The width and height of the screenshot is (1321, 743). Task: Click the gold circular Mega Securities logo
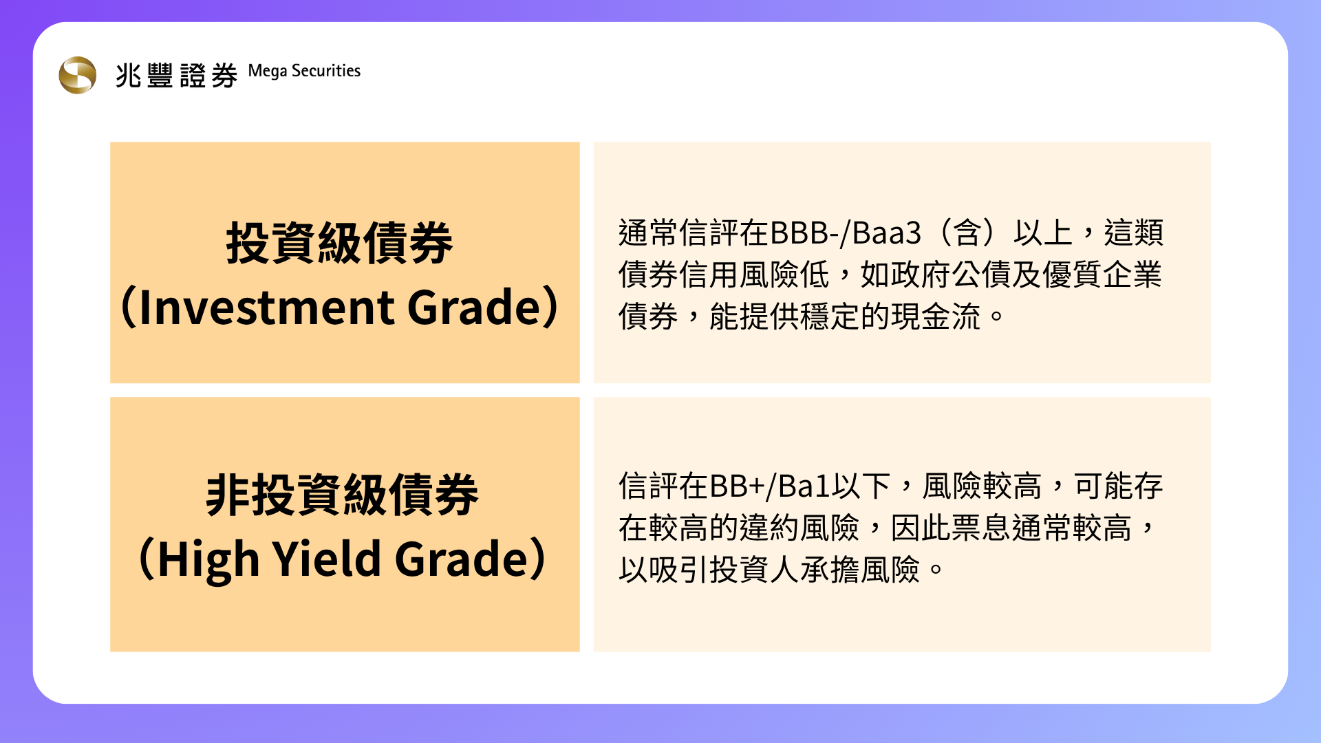coord(78,75)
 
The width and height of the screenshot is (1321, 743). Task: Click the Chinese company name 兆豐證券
coord(177,75)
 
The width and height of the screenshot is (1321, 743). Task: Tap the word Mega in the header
coord(268,72)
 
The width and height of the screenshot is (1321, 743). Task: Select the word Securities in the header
coord(326,71)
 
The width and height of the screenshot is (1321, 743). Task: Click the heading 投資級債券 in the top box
coord(340,244)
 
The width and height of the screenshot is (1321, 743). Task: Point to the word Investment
coord(267,307)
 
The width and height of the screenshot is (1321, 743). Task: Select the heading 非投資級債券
coord(342,495)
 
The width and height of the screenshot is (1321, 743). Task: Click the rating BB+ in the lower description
coord(737,486)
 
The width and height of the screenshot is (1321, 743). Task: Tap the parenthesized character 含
coord(967,233)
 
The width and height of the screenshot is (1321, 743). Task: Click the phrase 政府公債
coord(950,275)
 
